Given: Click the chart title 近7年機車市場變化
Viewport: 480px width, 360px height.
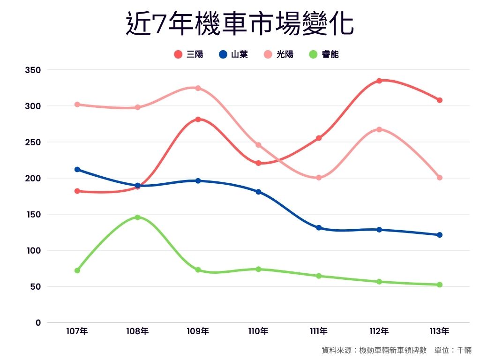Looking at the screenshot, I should (240, 24).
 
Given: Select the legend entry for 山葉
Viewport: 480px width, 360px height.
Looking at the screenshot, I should (233, 54).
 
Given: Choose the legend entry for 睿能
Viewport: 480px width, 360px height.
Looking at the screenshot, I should (324, 54).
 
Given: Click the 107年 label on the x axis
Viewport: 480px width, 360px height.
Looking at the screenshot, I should (77, 331).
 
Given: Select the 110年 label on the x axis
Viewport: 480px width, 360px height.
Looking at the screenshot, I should (258, 331).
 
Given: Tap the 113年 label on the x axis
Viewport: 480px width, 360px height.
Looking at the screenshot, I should (439, 331).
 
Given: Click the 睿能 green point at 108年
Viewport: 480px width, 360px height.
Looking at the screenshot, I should (137, 217).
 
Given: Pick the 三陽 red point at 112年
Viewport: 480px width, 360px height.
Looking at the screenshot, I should (379, 81).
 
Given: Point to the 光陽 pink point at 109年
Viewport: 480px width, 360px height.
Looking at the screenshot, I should (198, 88).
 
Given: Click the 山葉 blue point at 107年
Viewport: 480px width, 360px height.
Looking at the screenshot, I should (77, 170).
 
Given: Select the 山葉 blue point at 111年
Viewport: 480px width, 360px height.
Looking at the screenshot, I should (319, 228).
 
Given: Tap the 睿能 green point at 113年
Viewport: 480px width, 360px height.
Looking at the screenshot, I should (440, 285).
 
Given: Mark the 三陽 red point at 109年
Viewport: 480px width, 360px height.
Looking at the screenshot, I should (198, 120).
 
